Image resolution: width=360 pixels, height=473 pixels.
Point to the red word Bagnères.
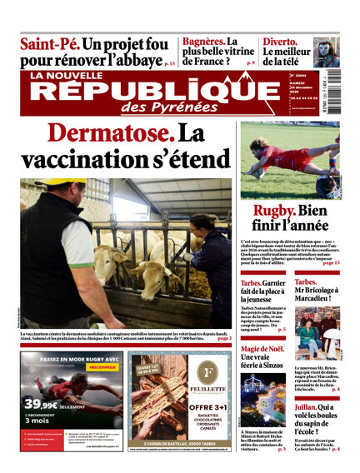(x=203, y=41)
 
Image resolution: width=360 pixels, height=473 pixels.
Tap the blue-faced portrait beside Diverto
(x=326, y=51)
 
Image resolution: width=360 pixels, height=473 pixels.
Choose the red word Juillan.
(x=308, y=407)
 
